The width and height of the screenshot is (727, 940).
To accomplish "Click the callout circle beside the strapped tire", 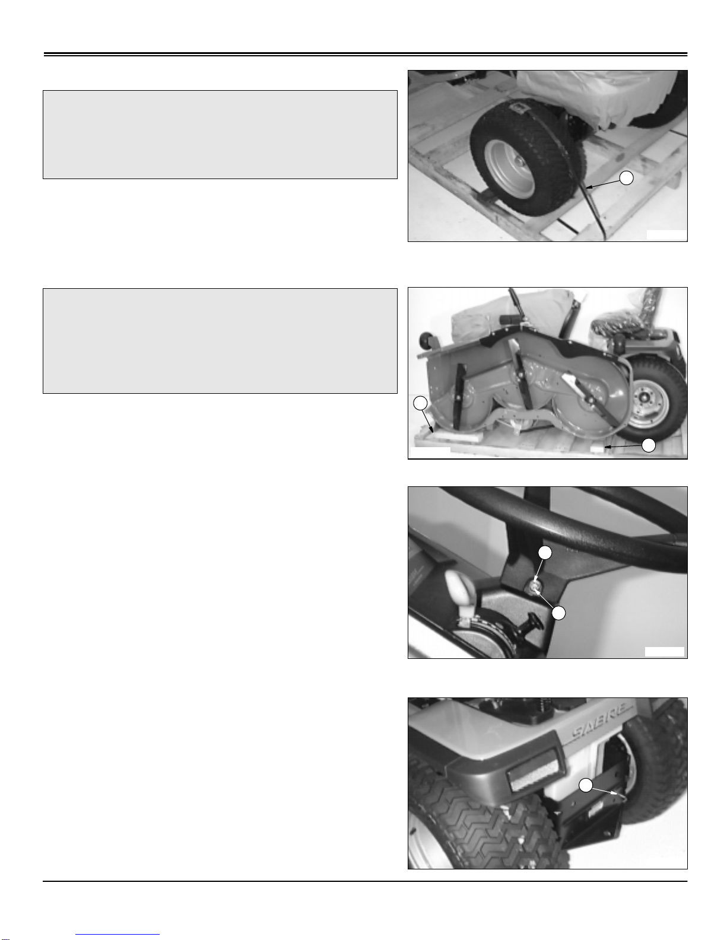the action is click(627, 178).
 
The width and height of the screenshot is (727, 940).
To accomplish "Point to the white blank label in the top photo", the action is click(666, 235).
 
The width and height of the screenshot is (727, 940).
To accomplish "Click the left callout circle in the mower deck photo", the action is click(420, 403).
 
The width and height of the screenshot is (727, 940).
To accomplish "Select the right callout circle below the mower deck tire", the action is click(648, 445).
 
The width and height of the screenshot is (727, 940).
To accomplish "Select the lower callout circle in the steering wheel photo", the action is click(559, 613).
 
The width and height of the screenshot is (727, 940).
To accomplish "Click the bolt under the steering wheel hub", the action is click(532, 587).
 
